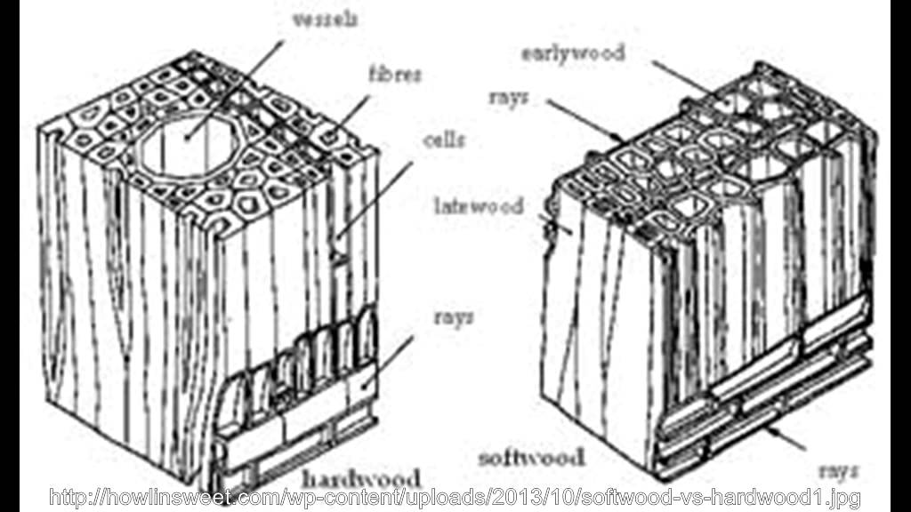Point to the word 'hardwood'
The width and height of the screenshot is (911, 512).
pyautogui.click(x=360, y=476)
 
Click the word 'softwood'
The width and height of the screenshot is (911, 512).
pyautogui.click(x=531, y=458)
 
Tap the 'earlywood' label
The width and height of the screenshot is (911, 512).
pyautogui.click(x=572, y=52)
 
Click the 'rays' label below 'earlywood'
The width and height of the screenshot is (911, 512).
pyautogui.click(x=508, y=96)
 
